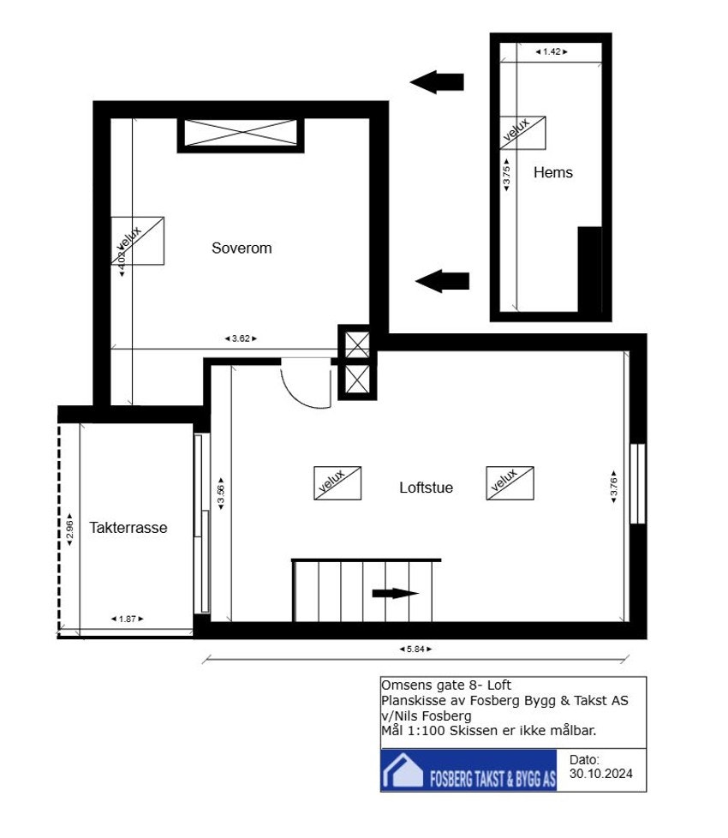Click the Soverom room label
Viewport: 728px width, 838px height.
242,248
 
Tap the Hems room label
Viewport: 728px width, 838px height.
552,172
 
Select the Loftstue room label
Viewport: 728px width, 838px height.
426,488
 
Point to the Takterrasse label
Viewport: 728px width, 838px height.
128,528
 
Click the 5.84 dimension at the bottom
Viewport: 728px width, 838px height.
416,649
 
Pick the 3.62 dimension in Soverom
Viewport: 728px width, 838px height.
240,338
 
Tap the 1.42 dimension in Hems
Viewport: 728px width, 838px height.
552,52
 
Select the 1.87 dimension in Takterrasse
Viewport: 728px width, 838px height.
127,618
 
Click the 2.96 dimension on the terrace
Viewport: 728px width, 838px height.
69,530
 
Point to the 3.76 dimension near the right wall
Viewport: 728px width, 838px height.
613,485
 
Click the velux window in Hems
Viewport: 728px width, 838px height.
522,133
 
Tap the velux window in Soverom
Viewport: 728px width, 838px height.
137,241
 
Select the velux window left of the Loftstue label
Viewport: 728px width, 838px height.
337,483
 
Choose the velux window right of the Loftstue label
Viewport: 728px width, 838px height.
510,483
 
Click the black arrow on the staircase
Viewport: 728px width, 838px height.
395,593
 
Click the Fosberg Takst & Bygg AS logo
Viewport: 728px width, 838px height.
468,771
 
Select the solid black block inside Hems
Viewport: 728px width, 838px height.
589,269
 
